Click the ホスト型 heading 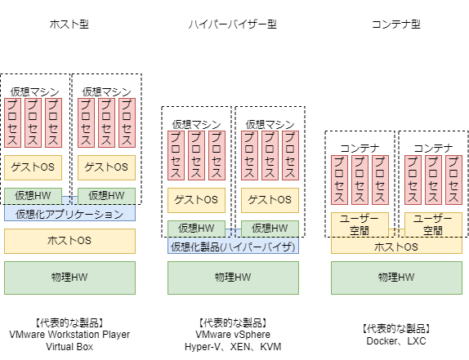pos(69,24)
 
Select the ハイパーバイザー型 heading pos(233,24)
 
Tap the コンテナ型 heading pos(396,24)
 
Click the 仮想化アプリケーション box pos(69,213)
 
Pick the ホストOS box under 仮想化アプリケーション pos(69,241)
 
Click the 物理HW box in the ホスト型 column pos(69,278)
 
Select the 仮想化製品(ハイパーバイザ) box pos(233,246)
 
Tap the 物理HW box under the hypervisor pos(233,278)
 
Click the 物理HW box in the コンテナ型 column pos(396,278)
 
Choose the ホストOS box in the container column pos(396,246)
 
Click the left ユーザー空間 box pos(360,225)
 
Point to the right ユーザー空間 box pos(433,225)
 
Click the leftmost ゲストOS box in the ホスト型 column pos(33,167)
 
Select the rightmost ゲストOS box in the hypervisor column pos(270,200)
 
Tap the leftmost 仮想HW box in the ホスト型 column pos(33,196)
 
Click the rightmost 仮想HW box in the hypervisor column pos(270,229)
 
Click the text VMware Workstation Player pos(69,335)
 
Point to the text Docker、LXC pos(396,341)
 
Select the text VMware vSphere pos(233,335)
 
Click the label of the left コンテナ pos(360,149)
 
